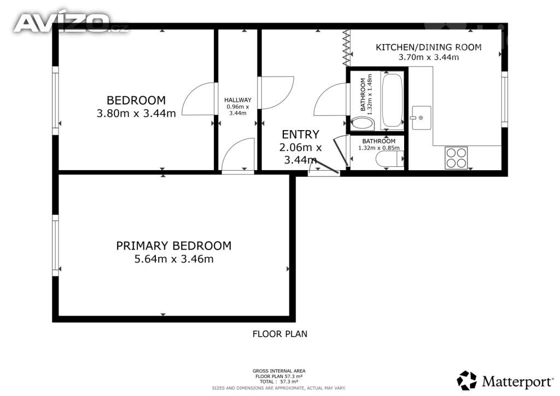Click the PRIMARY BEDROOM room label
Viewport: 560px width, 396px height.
coord(173,246)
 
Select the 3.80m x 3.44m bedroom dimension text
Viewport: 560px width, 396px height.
coord(136,113)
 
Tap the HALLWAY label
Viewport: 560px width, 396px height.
coord(238,100)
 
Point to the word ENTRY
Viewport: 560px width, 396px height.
coord(300,134)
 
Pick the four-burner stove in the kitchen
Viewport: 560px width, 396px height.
coord(456,158)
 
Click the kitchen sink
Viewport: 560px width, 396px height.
coord(422,118)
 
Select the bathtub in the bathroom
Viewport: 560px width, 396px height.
coord(392,100)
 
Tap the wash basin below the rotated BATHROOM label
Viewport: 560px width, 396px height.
coord(363,124)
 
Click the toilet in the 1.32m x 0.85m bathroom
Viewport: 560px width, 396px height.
coord(389,159)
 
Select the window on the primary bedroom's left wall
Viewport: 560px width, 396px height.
coord(55,246)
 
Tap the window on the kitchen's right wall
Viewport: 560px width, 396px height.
coord(504,99)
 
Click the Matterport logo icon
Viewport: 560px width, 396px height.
coord(466,380)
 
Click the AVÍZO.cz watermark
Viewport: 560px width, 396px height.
coord(71,23)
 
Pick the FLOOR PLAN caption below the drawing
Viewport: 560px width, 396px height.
coord(280,334)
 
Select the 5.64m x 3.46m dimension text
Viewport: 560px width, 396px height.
coord(174,259)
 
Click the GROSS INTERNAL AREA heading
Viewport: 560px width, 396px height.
coord(279,371)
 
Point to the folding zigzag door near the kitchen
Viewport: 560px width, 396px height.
coord(346,48)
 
